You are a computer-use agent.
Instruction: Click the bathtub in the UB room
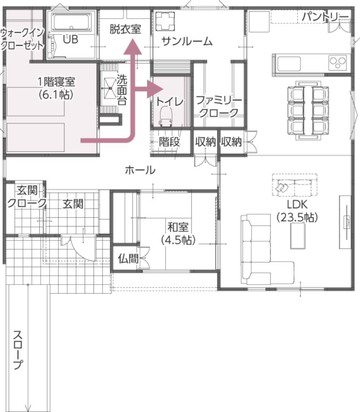point(72,22)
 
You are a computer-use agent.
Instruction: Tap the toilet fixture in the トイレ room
point(166,116)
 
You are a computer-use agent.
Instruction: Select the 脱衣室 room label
point(125,29)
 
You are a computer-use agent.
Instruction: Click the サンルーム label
point(187,42)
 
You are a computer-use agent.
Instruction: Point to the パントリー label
point(325,17)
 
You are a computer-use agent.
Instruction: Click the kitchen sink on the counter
point(289,64)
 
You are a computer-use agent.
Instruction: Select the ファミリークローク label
point(219,106)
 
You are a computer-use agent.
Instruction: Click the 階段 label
point(169,142)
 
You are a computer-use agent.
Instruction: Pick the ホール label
point(140,170)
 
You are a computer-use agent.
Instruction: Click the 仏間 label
point(128,259)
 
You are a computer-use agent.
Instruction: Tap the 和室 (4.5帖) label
point(178,233)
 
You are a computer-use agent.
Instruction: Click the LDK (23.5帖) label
point(297,211)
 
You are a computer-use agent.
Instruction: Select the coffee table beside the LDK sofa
point(298,236)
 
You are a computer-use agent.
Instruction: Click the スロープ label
point(18,349)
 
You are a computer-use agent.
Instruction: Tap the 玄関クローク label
point(27,197)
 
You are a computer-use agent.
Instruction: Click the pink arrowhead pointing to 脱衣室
point(133,47)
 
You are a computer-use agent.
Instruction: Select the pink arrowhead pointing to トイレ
point(155,89)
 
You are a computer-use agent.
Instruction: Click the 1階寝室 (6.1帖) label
point(56,88)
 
